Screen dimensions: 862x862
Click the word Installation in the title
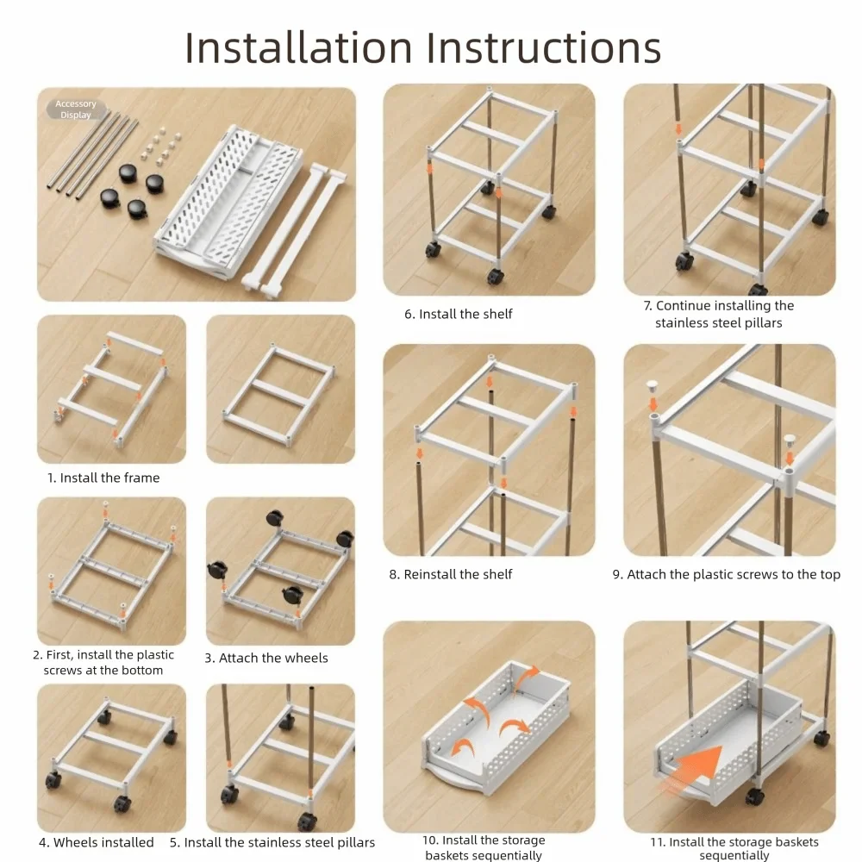coord(298,47)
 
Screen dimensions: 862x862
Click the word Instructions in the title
coord(544,47)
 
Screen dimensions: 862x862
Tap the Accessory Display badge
coord(76,109)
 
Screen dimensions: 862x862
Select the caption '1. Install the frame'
coord(103,478)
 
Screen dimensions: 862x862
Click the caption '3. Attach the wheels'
coord(266,658)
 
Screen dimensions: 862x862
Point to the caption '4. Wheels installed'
coord(97,842)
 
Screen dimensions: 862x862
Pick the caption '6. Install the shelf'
coord(458,314)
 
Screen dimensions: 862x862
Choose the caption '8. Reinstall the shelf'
coord(450,574)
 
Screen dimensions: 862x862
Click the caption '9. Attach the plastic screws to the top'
coord(726,574)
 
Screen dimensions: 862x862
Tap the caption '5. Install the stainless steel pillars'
coord(272,842)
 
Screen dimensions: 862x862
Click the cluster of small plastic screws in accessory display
coord(160,146)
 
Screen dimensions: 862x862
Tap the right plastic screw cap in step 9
coord(790,440)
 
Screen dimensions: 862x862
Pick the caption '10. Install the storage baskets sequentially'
coord(484,847)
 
